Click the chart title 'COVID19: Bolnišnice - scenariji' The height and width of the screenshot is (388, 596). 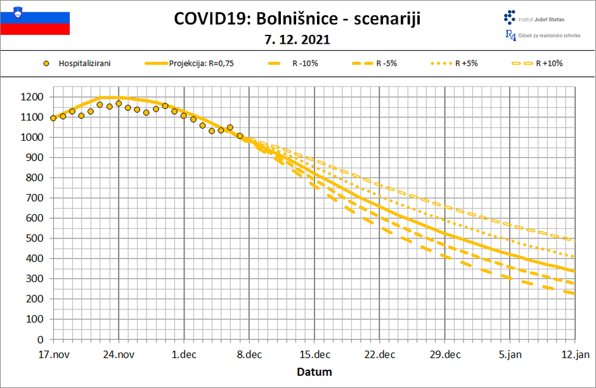pos(297,19)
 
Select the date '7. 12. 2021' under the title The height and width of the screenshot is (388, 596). pos(297,39)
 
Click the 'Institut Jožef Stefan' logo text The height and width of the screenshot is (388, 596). pos(542,20)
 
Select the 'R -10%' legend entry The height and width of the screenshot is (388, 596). pos(304,63)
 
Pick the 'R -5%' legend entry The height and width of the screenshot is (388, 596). pos(386,63)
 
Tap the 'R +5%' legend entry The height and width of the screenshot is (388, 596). pos(467,63)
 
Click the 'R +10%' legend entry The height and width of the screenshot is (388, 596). pos(549,63)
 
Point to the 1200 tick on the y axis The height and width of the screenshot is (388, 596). pos(32,97)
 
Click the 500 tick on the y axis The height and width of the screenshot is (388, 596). pos(34,238)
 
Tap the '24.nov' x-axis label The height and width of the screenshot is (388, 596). pos(119,354)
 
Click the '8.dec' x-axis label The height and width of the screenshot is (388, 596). pos(249,354)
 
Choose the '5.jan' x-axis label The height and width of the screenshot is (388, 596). pos(510,354)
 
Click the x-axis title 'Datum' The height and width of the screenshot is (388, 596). pos(314,372)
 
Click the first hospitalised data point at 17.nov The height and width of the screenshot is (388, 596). pos(53,118)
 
